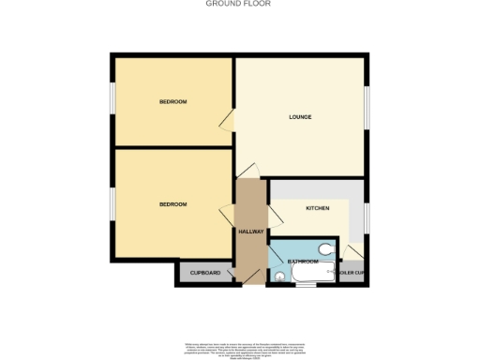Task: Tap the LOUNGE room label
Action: (300, 117)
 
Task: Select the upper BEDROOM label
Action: (172, 101)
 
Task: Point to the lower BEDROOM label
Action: (172, 204)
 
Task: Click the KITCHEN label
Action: (316, 208)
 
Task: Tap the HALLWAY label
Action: (251, 232)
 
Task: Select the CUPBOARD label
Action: (205, 273)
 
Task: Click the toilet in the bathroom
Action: (324, 250)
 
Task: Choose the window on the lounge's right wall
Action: (367, 111)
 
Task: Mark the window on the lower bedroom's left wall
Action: (112, 201)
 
